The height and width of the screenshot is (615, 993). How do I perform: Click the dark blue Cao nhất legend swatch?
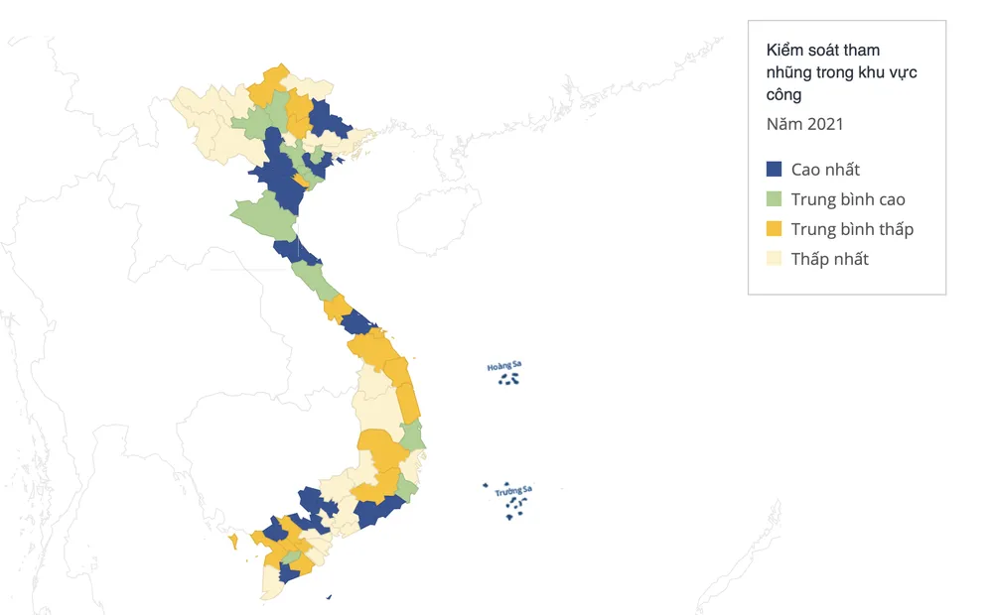[775, 170]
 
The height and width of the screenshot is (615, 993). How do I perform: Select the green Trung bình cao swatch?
[775, 199]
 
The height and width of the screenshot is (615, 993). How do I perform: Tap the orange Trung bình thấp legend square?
[775, 229]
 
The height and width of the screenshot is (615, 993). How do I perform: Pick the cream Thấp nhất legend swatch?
[775, 259]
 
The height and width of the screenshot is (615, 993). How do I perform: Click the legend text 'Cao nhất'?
[825, 170]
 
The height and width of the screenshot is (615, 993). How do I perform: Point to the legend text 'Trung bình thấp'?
[852, 229]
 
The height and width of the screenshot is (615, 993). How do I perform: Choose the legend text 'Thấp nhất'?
[830, 259]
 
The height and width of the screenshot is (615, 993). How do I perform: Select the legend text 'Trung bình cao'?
[848, 199]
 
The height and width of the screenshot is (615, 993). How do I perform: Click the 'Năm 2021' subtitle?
[804, 124]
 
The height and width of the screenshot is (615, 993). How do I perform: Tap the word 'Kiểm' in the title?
[783, 50]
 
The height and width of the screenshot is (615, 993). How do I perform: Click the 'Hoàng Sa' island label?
[503, 366]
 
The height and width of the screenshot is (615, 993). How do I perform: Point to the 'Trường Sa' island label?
[514, 490]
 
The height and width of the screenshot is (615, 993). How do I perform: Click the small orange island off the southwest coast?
[233, 541]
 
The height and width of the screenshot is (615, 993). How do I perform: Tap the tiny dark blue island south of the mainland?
[329, 597]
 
